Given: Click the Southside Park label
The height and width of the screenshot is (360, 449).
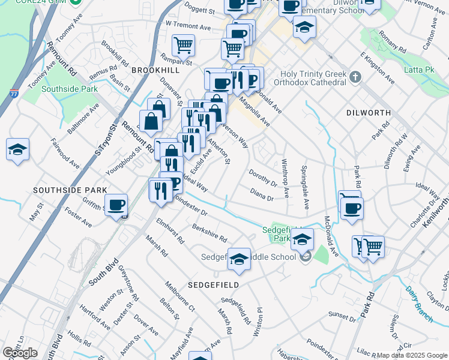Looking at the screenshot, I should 70,89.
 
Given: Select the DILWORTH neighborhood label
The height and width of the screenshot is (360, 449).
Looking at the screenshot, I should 369,112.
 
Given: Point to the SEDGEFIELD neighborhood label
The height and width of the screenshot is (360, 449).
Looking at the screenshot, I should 213,284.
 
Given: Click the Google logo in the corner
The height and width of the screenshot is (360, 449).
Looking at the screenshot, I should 20,353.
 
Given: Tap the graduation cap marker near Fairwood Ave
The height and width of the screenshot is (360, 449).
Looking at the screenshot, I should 18,149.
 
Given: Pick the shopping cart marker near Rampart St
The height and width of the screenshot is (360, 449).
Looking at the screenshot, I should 183,44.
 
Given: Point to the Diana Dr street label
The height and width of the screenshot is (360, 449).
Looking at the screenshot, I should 262,194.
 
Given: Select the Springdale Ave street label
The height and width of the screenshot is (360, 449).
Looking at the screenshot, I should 304,187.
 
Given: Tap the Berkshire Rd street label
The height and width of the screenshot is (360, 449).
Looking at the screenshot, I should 209,233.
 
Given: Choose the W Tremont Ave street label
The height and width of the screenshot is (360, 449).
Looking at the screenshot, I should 188,27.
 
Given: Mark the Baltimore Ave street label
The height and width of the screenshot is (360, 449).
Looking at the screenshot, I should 83,119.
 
